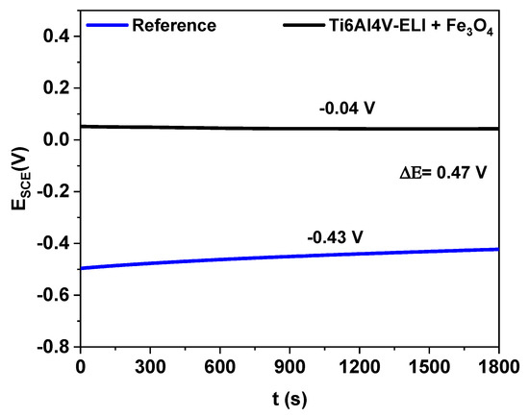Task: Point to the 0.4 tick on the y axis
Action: click(x=58, y=36)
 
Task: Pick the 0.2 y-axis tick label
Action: click(x=58, y=87)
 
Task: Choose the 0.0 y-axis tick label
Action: click(x=58, y=139)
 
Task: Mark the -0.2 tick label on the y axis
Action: click(x=55, y=191)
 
